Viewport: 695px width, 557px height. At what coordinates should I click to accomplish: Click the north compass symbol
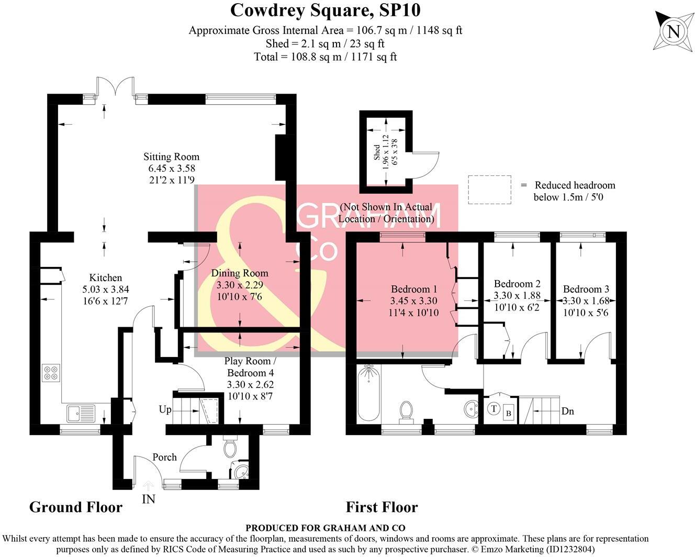(673, 31)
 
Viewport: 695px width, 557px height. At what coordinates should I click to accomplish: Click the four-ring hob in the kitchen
(51, 373)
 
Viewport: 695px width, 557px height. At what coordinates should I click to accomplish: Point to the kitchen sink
(81, 414)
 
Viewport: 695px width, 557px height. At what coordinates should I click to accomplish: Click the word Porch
(164, 457)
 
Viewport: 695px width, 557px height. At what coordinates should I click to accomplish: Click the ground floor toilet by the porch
(230, 448)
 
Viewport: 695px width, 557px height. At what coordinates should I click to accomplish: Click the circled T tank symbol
(494, 408)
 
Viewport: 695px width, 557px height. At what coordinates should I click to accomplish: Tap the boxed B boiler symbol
(508, 413)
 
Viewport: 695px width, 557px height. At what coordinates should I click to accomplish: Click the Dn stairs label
(567, 411)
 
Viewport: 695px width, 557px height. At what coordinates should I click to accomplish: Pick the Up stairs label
(165, 409)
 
